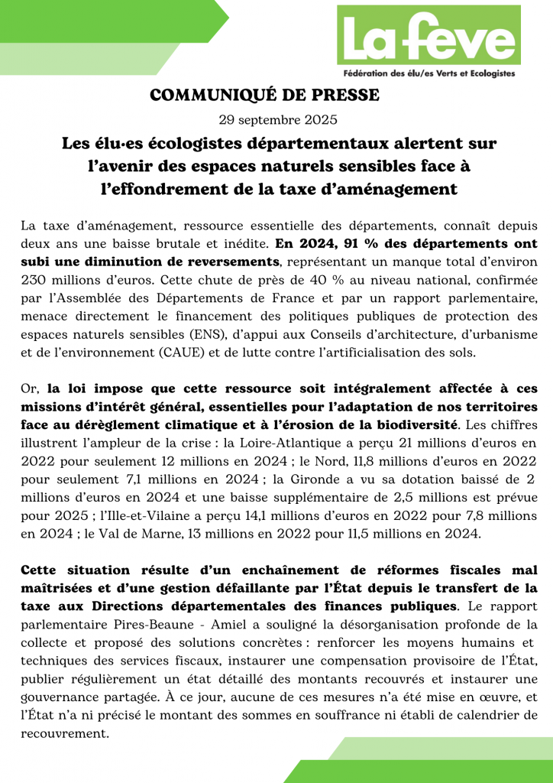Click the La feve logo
428,37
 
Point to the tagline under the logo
428,73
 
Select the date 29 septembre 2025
276,120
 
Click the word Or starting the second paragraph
29,388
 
